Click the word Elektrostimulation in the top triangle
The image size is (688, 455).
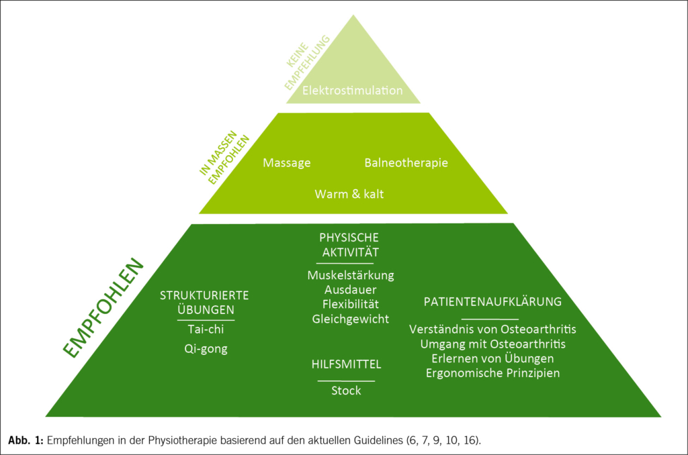(x=353, y=90)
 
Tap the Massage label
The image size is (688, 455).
(x=287, y=163)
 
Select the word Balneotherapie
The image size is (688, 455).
(x=406, y=163)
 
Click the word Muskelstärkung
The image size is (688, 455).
(x=351, y=275)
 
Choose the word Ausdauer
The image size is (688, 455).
(x=350, y=290)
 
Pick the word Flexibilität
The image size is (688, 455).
(x=350, y=305)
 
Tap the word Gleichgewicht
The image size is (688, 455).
(x=350, y=319)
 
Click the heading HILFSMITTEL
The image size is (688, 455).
(x=347, y=364)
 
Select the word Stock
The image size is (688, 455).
(x=346, y=391)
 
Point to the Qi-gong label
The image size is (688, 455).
(x=206, y=349)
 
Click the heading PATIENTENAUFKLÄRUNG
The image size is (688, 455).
(x=492, y=301)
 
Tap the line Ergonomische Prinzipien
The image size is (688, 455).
(x=492, y=372)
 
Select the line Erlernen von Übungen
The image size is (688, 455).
(x=492, y=358)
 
